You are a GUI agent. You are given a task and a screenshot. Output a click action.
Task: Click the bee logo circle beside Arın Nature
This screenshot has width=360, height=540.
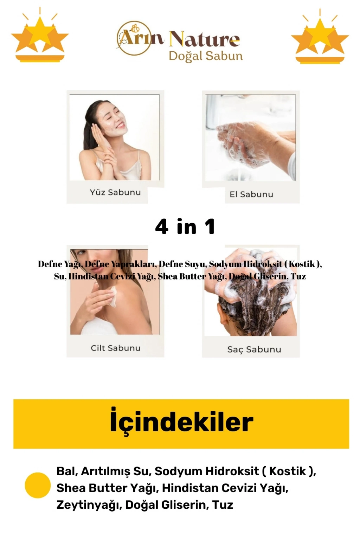point(134,38)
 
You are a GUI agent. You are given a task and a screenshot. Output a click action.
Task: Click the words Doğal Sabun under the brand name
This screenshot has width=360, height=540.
point(206,56)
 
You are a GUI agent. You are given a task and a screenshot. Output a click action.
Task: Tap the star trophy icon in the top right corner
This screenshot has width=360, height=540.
point(320,36)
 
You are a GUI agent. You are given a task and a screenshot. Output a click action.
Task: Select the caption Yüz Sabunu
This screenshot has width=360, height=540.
point(115,192)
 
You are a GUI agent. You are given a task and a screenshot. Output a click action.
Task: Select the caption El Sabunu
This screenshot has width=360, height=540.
point(251,194)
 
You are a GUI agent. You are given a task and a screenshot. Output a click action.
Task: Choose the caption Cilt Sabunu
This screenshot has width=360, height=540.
point(116,348)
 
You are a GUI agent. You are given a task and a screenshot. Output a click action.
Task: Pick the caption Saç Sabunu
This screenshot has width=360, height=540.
point(254,349)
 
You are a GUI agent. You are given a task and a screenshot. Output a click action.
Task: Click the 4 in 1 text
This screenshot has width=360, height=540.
point(185,226)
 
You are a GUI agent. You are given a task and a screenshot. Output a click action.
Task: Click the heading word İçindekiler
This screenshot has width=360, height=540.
point(181,422)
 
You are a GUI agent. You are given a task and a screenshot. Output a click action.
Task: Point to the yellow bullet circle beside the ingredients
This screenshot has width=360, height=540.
point(38,485)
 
